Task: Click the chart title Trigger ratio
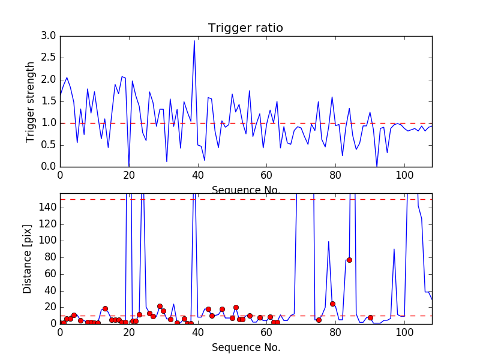245,28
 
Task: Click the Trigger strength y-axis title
31,101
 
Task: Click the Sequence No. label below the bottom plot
245,347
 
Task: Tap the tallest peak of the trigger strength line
194,41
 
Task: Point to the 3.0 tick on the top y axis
49,36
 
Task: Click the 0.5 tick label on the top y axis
49,145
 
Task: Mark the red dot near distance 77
349,260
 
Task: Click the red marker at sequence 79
332,304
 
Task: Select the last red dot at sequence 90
370,317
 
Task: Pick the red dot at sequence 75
319,320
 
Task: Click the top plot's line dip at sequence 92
377,166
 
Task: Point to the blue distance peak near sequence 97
394,249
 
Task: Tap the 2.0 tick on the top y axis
49,79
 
